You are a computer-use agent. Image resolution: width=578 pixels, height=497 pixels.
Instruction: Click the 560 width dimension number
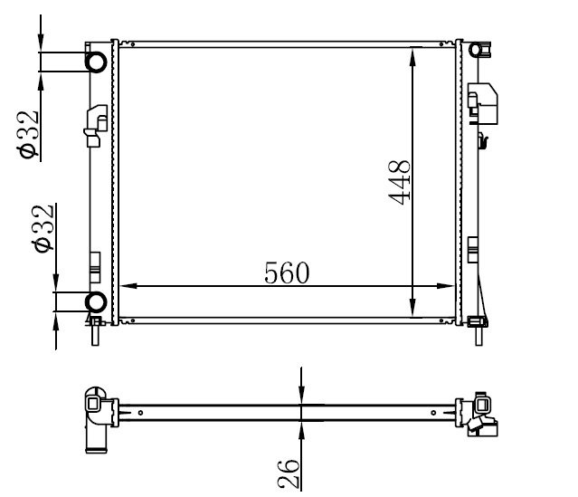(x=287, y=273)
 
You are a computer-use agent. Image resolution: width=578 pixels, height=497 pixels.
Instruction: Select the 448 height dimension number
(x=399, y=182)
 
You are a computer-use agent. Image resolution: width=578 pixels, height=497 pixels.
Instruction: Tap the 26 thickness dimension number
(x=288, y=474)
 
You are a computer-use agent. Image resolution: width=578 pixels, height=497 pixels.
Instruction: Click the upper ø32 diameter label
(x=27, y=135)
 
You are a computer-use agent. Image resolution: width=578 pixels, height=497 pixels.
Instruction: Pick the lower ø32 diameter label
(x=43, y=229)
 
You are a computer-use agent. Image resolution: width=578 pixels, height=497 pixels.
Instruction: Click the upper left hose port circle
(x=96, y=62)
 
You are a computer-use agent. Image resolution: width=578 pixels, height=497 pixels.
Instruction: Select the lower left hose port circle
(x=96, y=301)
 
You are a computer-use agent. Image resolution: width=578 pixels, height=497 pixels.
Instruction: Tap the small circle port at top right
(x=476, y=50)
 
